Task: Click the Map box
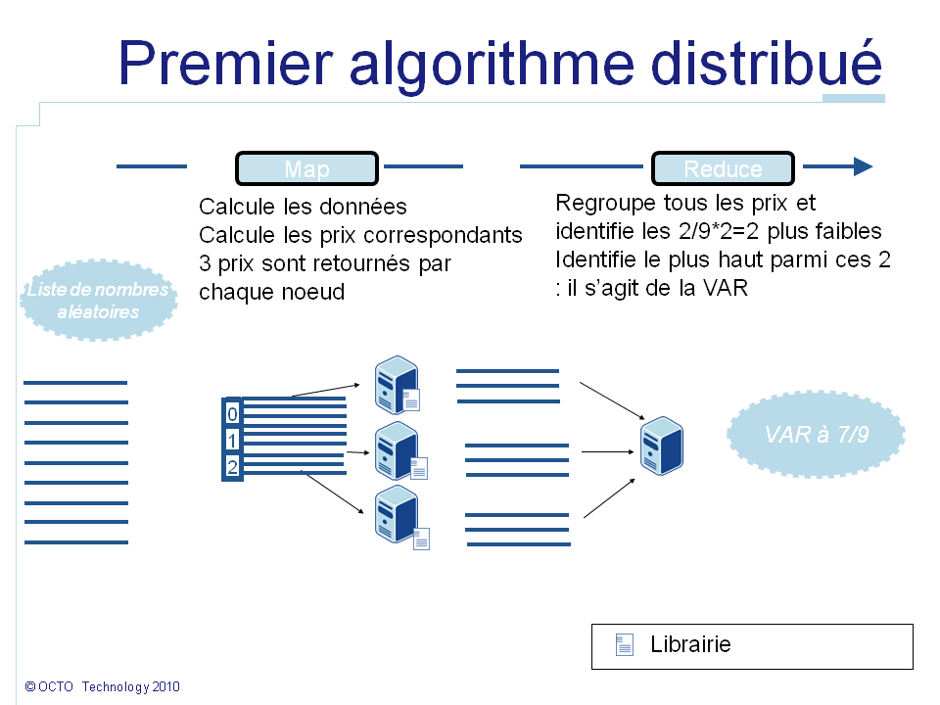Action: click(306, 168)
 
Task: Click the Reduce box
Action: click(723, 168)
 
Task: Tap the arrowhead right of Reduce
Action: click(862, 166)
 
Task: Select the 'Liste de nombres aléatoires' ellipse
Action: click(98, 301)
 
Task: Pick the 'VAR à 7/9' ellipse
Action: click(817, 435)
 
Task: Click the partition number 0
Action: click(232, 414)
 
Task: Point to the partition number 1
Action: click(232, 440)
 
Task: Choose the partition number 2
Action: click(232, 467)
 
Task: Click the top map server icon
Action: click(396, 383)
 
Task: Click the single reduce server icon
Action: click(661, 446)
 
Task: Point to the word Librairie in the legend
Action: click(690, 645)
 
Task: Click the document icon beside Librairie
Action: click(624, 645)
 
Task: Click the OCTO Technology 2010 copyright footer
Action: click(103, 687)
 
